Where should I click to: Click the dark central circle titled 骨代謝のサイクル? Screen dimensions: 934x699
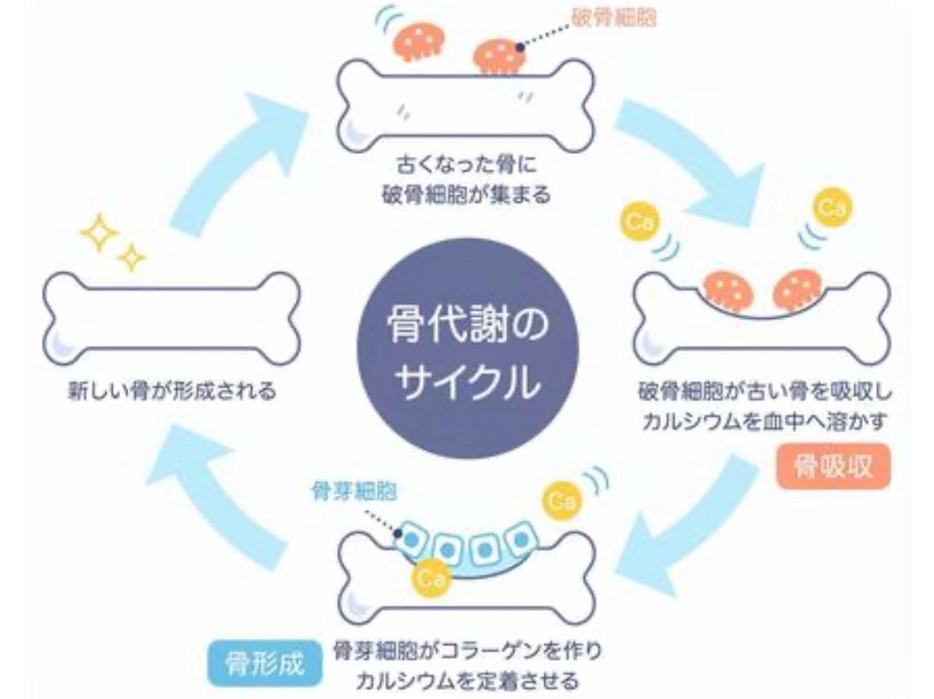(467, 349)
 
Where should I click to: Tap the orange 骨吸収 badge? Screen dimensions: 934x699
(833, 466)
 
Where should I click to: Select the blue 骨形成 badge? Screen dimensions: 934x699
(265, 663)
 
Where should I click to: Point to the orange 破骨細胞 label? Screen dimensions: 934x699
(613, 17)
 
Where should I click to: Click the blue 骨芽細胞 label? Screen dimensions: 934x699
(354, 491)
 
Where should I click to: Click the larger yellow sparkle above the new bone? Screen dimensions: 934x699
(99, 232)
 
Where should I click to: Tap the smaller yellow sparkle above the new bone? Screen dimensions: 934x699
(132, 257)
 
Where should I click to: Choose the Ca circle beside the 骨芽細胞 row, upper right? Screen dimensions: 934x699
(562, 499)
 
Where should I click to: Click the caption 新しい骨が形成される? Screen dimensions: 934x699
(172, 391)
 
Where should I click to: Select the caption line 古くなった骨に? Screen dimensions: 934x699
(467, 164)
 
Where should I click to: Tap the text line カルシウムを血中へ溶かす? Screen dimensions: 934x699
(764, 421)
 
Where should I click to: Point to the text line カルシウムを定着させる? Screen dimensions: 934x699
(467, 680)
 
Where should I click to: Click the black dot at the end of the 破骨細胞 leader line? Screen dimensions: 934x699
(520, 47)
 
